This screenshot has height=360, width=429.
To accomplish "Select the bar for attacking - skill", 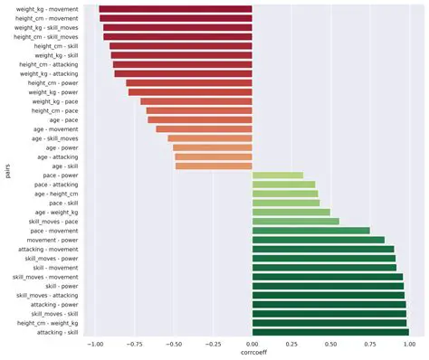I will click(330, 332).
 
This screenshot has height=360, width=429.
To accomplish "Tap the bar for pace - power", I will click(278, 175).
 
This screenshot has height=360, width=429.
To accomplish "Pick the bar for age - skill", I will click(214, 166).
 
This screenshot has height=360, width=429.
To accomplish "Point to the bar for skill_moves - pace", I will click(296, 221).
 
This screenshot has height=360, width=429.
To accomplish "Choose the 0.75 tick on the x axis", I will click(370, 345).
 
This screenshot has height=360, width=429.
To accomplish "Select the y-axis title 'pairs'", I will click(7, 170).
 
